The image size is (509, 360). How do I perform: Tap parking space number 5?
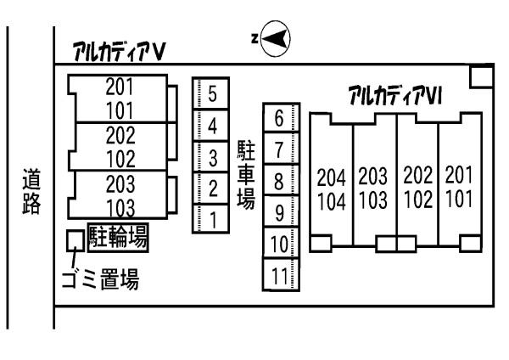point(211,93)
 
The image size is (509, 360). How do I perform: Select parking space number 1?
point(211,219)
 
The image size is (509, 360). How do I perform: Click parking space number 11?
point(281,274)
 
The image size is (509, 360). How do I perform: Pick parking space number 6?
point(281,117)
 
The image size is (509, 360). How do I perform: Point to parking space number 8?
point(281,180)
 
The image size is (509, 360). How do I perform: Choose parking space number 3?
point(211,156)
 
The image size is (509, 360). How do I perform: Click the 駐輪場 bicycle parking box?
point(118,238)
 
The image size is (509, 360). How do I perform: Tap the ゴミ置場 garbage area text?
point(100,278)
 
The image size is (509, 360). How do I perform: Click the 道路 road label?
point(31,191)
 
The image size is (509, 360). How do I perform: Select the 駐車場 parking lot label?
point(246,174)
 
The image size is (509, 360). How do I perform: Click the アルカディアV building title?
point(120,51)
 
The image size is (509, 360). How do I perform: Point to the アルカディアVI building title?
point(395,95)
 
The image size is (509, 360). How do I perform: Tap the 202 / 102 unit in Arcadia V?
point(120,147)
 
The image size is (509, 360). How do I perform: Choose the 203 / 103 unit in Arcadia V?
point(120,195)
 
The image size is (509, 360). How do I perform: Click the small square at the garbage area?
point(76,241)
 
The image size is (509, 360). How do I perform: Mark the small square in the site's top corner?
point(482,76)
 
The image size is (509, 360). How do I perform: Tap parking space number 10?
point(281,244)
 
